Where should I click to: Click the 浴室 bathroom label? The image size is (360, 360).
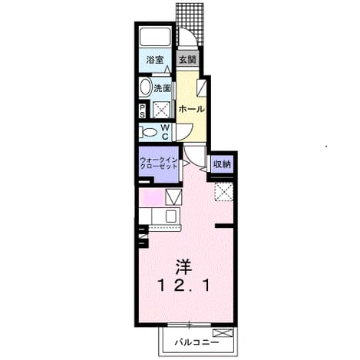(x=155, y=60)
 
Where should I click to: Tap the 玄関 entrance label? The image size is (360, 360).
(x=187, y=60)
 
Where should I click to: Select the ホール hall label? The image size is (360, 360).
(x=192, y=109)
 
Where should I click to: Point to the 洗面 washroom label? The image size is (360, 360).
(x=162, y=88)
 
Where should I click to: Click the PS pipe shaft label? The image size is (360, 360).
(x=142, y=111)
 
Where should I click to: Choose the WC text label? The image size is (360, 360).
(x=165, y=132)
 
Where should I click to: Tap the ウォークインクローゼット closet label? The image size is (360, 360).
(x=159, y=163)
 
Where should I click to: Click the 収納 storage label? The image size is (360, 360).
(x=222, y=164)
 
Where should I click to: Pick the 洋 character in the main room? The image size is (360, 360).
(x=183, y=268)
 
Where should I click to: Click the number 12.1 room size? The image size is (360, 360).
(x=183, y=286)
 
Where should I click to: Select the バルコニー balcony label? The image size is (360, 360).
(x=197, y=342)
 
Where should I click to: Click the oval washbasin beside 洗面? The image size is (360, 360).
(x=146, y=88)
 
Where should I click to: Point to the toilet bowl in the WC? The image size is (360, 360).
(x=149, y=133)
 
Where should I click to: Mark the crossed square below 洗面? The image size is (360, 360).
(x=161, y=110)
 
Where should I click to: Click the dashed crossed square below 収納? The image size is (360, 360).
(x=223, y=192)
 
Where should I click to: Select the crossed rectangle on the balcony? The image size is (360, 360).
(x=223, y=333)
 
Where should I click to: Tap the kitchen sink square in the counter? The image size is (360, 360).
(x=170, y=216)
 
